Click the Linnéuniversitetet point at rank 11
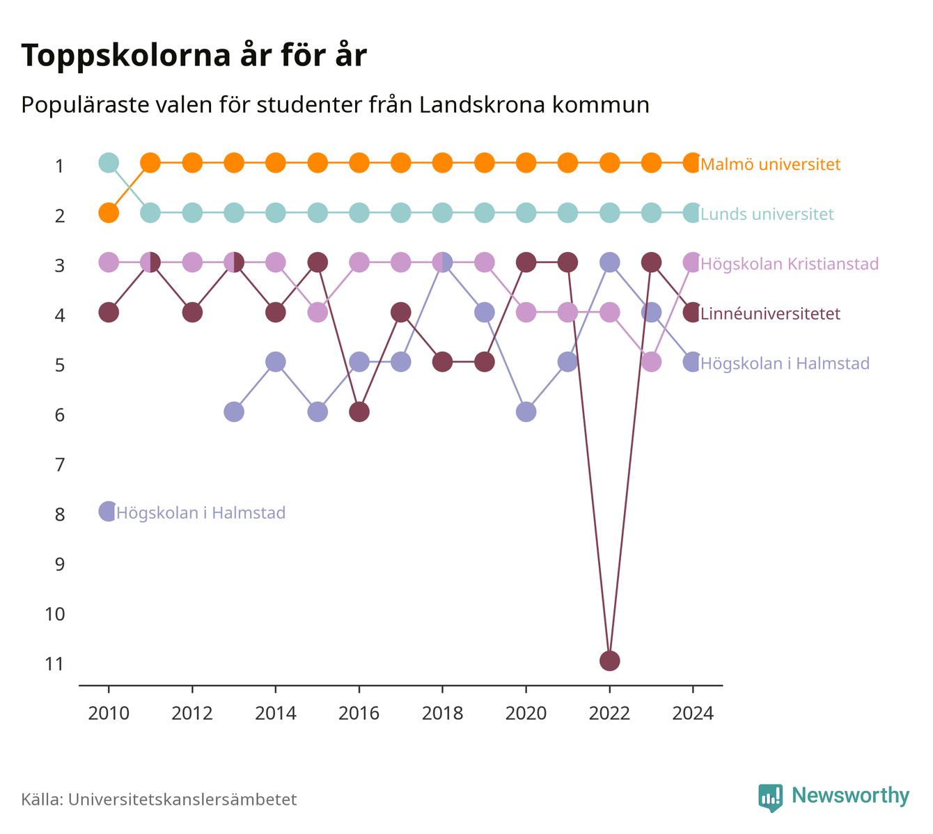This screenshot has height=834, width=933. point(609,661)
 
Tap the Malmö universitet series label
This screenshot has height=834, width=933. point(770,164)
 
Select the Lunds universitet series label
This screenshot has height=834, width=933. point(767,214)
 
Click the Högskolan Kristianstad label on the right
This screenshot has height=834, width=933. point(790,263)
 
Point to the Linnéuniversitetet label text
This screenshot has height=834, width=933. point(770,313)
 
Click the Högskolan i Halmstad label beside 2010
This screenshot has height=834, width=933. point(201,512)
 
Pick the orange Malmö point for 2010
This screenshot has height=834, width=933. point(109,213)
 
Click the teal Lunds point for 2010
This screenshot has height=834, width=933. point(109,163)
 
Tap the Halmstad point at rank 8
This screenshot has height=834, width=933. point(109,512)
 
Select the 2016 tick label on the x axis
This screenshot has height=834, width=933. point(359,714)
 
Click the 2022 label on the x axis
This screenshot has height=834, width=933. point(609,714)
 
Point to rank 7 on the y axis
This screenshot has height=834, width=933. point(60,465)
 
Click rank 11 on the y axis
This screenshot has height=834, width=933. point(55,664)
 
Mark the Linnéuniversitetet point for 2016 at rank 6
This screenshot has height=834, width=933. point(359,411)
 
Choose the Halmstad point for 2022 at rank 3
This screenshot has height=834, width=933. point(609,262)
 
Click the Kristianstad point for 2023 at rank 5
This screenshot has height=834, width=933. point(651,362)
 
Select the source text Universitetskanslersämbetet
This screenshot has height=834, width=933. point(182,799)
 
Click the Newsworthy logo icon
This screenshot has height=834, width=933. point(771,797)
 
